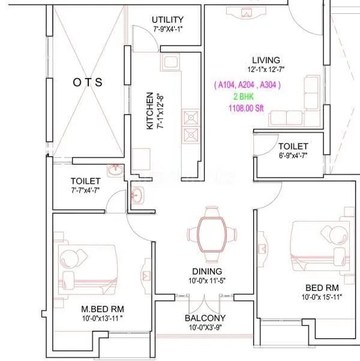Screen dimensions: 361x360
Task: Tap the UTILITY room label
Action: [167, 20]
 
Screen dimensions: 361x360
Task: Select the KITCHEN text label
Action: [149, 111]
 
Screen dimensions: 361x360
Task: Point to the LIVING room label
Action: [266, 60]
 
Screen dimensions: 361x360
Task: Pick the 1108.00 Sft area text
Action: [247, 108]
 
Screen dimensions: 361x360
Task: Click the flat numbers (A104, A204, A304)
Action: [247, 85]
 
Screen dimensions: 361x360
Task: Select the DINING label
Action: [207, 271]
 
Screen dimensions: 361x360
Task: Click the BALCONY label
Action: [205, 318]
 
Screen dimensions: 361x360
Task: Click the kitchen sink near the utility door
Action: [169, 62]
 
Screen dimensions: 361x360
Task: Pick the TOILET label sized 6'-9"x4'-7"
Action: [293, 147]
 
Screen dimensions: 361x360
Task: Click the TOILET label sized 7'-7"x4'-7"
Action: [85, 180]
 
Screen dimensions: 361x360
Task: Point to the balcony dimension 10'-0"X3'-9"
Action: [205, 327]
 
